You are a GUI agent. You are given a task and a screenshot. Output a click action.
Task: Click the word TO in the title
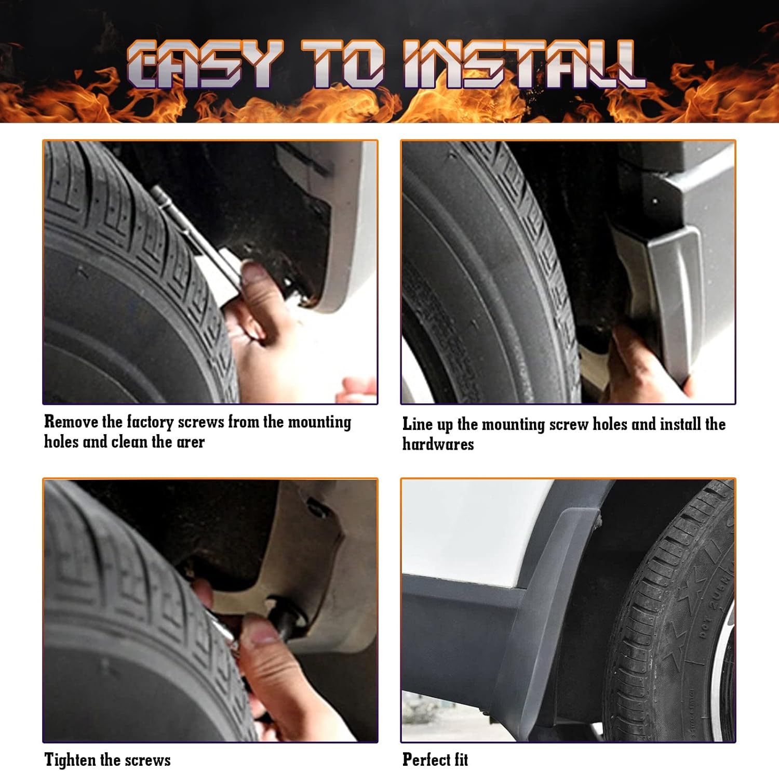(343, 65)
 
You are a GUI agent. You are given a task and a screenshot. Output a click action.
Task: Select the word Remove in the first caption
(71, 422)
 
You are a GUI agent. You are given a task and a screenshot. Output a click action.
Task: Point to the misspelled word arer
(190, 442)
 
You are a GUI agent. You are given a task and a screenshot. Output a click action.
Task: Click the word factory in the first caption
(150, 422)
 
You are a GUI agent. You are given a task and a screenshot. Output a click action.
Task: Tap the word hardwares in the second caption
(438, 445)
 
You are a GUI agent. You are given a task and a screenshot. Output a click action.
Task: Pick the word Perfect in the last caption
(424, 760)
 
